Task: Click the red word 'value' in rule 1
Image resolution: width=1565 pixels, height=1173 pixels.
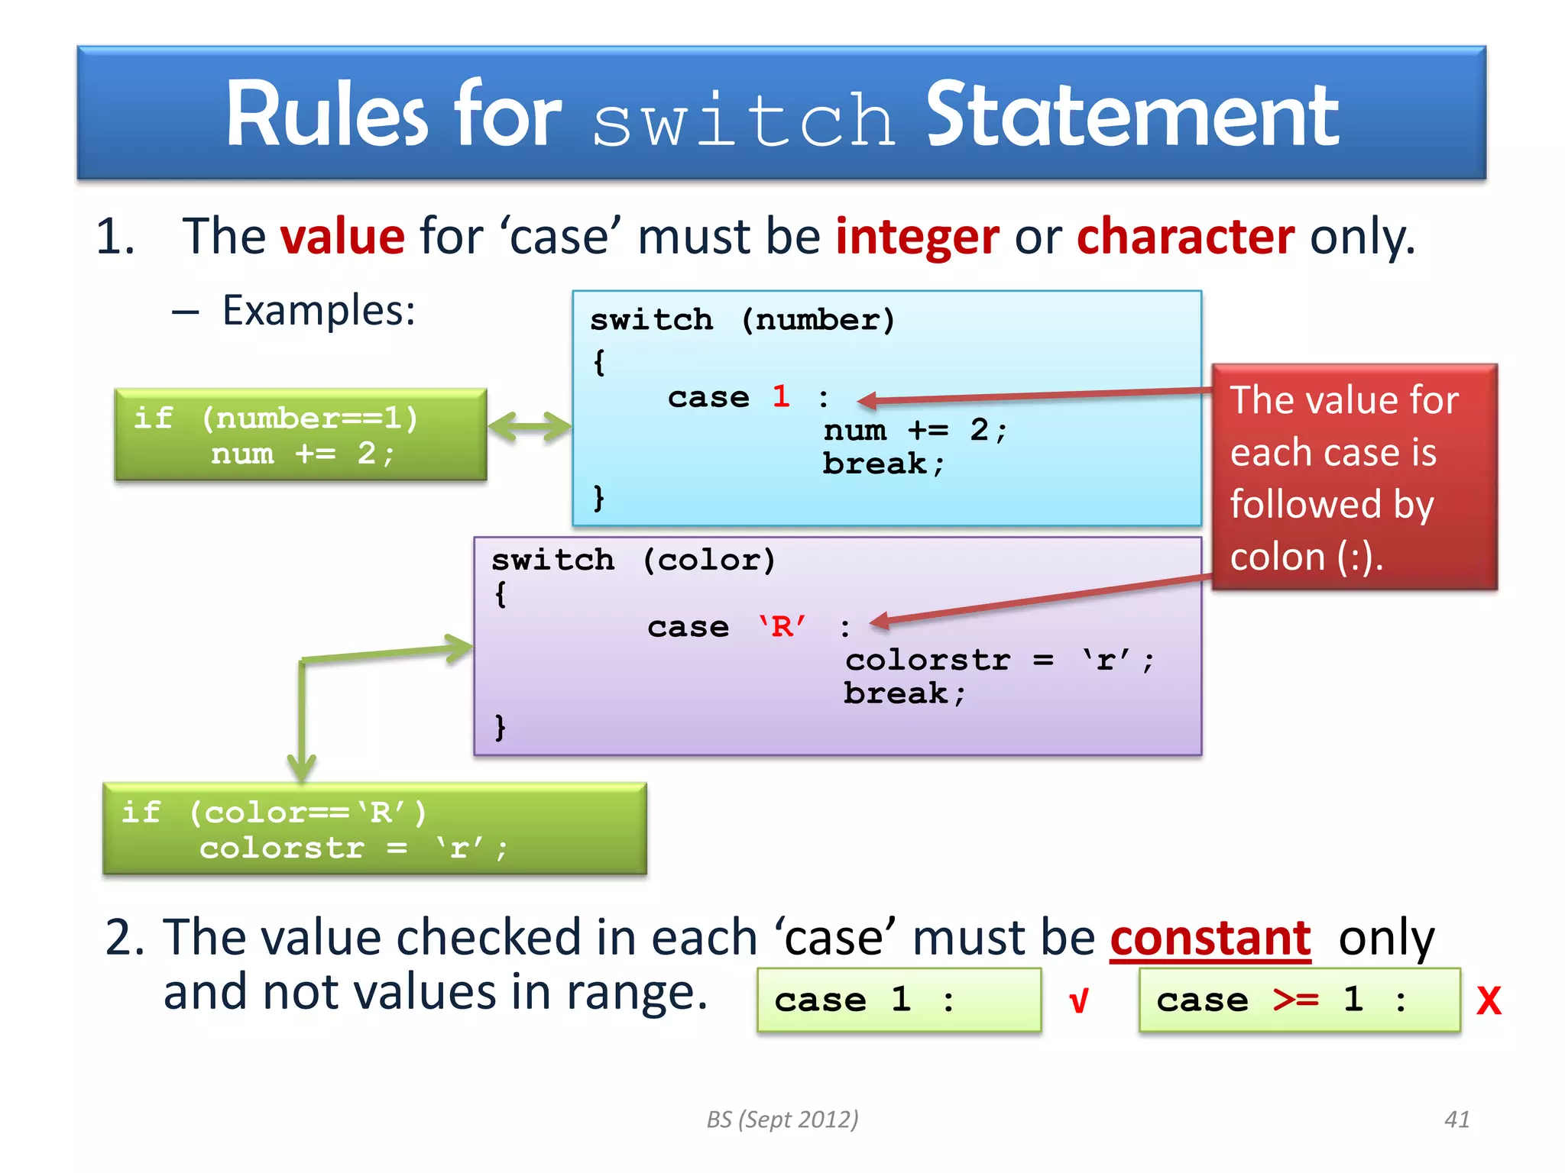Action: [342, 236]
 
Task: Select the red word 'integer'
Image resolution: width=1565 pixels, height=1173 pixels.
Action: [917, 236]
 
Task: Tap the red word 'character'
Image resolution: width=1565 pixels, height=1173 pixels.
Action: [1185, 236]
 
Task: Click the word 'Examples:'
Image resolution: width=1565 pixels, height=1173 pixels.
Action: [319, 311]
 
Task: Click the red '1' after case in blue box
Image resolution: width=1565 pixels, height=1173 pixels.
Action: [780, 396]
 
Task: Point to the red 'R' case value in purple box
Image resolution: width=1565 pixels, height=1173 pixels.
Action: [782, 627]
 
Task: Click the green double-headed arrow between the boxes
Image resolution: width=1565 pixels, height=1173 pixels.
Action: [530, 426]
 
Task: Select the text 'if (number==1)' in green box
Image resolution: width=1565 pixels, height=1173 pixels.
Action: [276, 418]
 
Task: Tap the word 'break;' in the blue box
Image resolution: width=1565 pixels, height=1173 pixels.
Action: [883, 464]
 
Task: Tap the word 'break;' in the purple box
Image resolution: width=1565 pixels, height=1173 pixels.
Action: [904, 693]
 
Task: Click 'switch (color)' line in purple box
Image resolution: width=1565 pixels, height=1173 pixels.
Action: [633, 560]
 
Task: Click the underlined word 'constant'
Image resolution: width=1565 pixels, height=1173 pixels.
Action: [1210, 938]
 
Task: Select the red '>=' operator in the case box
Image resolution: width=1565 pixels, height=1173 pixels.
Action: [1296, 999]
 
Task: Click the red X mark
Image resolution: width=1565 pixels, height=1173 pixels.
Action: [1489, 1000]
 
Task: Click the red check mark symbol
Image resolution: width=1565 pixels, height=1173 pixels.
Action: [1078, 1000]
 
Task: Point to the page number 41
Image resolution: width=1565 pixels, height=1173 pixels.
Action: [1456, 1120]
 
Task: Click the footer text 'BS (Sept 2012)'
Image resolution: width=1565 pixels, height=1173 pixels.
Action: [782, 1120]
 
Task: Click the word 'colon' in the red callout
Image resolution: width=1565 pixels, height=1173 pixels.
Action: [1277, 557]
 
